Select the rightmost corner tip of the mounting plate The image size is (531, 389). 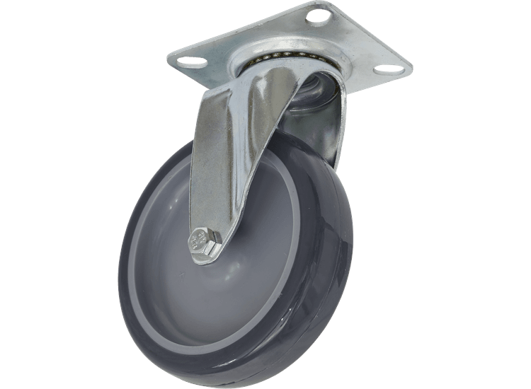pos(413,69)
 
